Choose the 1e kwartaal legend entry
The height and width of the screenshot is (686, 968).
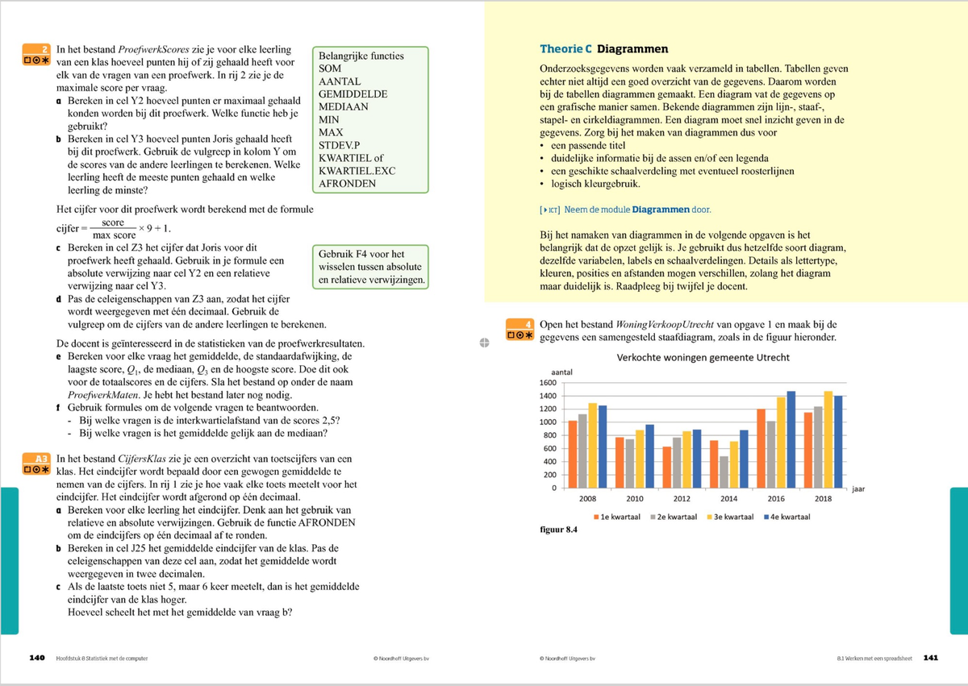tap(619, 517)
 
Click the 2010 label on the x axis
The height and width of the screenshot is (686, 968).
tap(634, 500)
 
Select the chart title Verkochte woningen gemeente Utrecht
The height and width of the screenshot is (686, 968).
tap(703, 357)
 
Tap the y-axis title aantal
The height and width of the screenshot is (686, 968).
tap(561, 371)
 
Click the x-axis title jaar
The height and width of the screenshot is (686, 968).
tap(858, 489)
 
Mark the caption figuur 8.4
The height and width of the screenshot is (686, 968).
tap(558, 530)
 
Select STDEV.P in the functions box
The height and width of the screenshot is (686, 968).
tap(342, 145)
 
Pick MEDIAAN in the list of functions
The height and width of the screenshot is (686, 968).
tap(344, 106)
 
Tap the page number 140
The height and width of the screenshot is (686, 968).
tap(36, 658)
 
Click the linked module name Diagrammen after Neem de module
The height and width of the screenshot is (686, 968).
tap(661, 210)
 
